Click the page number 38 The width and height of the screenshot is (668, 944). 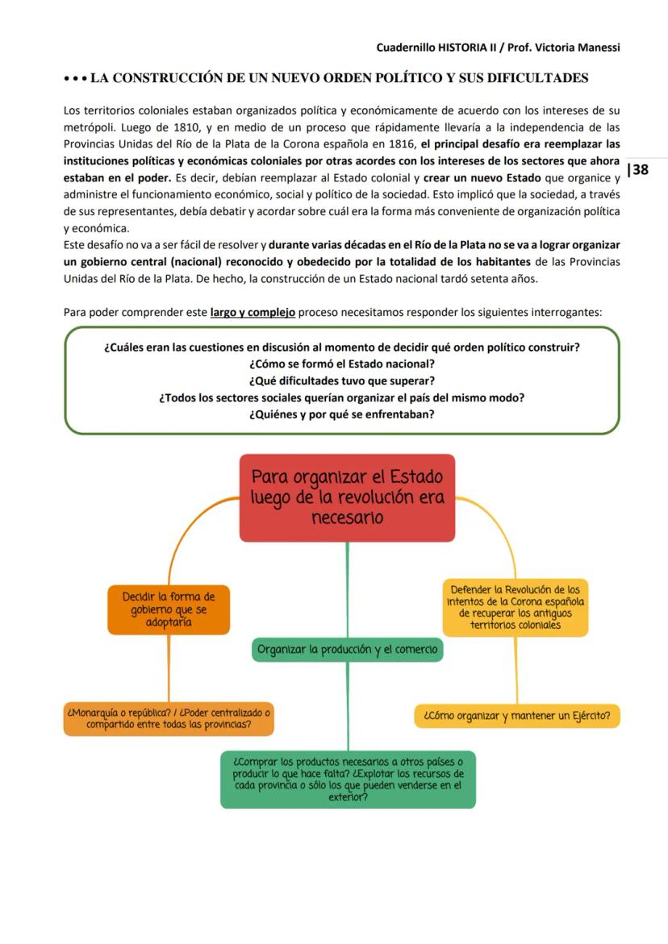641,169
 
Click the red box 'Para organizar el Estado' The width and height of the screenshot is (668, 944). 347,497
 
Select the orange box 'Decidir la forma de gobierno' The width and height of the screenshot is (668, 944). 169,609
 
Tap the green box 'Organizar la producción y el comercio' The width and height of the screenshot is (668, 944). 347,649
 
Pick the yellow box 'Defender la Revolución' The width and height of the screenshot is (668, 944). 516,607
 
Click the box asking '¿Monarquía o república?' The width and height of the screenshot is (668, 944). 169,718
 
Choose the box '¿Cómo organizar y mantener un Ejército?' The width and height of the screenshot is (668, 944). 517,715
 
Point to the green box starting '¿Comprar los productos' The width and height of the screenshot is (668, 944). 348,779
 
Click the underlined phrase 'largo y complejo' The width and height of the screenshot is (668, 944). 253,312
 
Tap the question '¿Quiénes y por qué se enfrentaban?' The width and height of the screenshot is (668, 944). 342,414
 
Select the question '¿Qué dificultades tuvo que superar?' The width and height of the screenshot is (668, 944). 342,381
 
